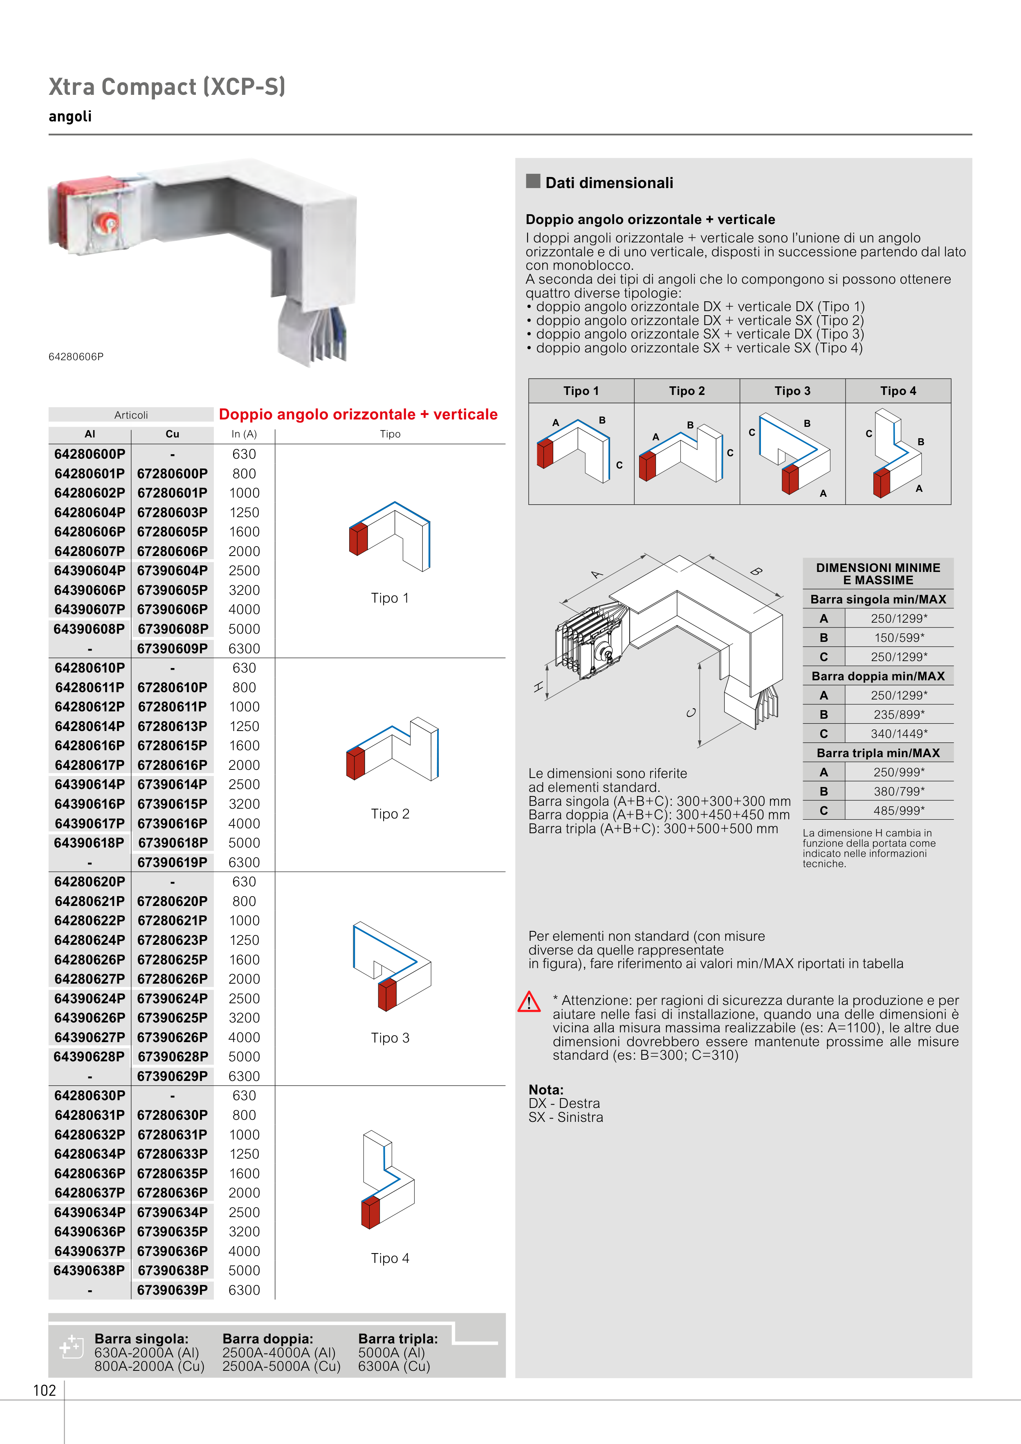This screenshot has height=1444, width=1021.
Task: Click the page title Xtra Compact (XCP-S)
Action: coord(167,87)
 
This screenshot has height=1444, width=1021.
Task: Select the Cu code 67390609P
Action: coord(173,648)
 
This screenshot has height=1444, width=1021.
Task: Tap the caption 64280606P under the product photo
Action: coord(76,357)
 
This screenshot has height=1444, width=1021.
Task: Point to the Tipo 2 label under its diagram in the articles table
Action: coord(390,814)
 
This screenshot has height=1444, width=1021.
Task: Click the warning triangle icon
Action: coord(529,1002)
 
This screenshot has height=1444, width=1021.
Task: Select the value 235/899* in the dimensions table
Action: coord(899,715)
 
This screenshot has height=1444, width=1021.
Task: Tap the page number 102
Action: coord(45,1390)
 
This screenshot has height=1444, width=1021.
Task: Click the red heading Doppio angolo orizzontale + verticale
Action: coord(358,415)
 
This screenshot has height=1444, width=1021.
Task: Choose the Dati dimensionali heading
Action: coord(609,183)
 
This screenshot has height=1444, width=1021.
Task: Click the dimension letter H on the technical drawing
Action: coord(539,687)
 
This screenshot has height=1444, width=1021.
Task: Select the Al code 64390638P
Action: coord(89,1270)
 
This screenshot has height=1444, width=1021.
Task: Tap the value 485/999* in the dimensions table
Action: coord(899,811)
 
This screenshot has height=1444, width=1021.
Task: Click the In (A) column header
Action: coord(244,434)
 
